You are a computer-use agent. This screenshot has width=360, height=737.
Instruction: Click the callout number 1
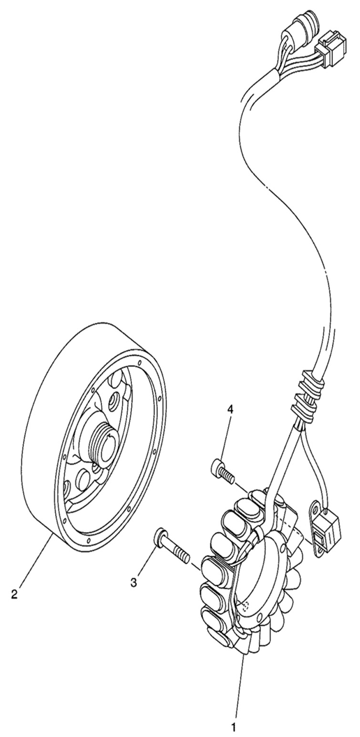point(234,728)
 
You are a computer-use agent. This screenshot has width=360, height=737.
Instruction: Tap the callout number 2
point(14,594)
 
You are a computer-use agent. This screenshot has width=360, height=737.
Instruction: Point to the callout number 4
point(230,409)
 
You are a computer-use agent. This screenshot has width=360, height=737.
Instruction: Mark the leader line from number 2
point(35,559)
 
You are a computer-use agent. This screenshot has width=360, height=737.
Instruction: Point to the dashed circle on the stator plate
point(245,605)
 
